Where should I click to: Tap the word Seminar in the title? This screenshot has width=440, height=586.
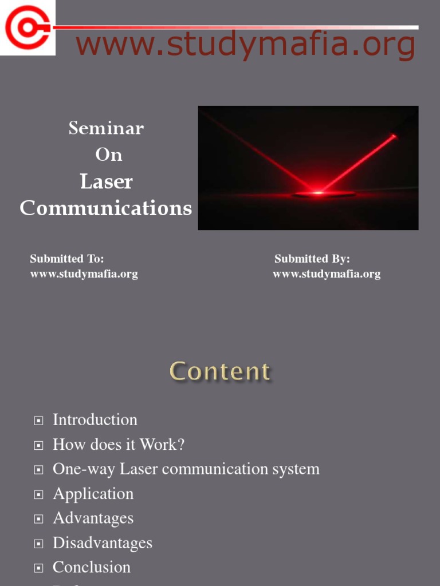106,128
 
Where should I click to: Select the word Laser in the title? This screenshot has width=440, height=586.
106,181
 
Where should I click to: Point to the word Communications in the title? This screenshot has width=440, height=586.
106,208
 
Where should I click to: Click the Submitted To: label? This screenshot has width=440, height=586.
66,259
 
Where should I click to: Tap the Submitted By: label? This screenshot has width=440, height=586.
312,259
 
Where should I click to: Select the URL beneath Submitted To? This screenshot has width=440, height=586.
84,274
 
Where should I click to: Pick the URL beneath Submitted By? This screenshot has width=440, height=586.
327,274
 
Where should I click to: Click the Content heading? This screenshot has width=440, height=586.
220,371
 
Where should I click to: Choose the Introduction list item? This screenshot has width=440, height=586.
95,419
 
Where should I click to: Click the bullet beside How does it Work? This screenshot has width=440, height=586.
39,445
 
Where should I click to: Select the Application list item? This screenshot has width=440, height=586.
93,493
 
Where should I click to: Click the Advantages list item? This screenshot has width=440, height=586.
93,518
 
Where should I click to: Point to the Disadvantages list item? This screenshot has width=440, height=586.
103,543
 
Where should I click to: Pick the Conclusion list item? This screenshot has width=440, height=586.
92,567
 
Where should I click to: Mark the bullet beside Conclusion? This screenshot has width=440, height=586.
39,568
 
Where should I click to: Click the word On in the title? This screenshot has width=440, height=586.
108,155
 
